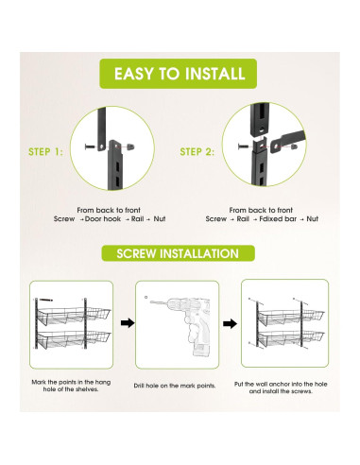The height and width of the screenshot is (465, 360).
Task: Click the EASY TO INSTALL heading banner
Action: click(x=179, y=74)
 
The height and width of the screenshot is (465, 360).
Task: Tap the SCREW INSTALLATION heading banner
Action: click(x=178, y=253)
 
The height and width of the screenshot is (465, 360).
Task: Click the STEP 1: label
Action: click(x=45, y=152)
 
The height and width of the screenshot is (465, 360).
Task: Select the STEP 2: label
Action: click(x=197, y=152)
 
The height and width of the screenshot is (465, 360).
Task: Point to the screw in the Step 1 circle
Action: click(x=90, y=146)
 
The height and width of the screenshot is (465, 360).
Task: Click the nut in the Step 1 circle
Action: click(x=130, y=146)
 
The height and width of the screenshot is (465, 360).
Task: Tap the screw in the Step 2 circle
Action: click(x=243, y=146)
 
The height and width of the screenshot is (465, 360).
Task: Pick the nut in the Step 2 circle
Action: click(x=294, y=146)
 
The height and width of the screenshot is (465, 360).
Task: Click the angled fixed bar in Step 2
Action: click(x=287, y=142)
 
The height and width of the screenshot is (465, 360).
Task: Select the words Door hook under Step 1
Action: click(x=103, y=219)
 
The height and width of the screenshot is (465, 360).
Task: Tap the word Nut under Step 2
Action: click(x=313, y=219)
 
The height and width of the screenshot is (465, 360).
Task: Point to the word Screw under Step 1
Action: click(x=64, y=219)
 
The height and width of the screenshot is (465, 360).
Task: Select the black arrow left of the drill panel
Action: click(x=128, y=323)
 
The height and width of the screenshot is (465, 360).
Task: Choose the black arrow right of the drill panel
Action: click(x=230, y=323)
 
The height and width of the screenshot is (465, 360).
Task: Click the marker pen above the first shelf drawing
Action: click(x=45, y=300)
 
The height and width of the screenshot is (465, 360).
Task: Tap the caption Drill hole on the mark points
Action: click(x=175, y=386)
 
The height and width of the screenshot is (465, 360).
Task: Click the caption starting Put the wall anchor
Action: click(x=281, y=387)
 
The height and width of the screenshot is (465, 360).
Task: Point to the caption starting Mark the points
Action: click(x=71, y=386)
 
